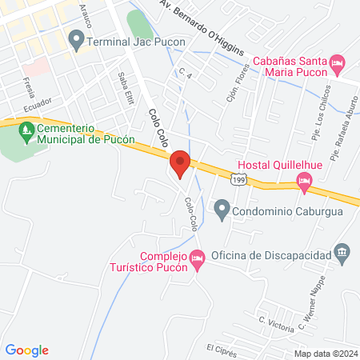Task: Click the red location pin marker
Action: [180, 162]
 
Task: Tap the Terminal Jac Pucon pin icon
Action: [77, 38]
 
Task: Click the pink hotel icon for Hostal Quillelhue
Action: [303, 182]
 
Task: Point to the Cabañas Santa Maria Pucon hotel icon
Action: [337, 62]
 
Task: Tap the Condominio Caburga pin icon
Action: [222, 211]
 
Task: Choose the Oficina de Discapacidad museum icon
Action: [342, 254]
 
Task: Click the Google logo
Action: [27, 350]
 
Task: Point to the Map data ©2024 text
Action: [326, 353]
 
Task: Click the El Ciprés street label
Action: [221, 349]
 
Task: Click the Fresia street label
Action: [29, 84]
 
